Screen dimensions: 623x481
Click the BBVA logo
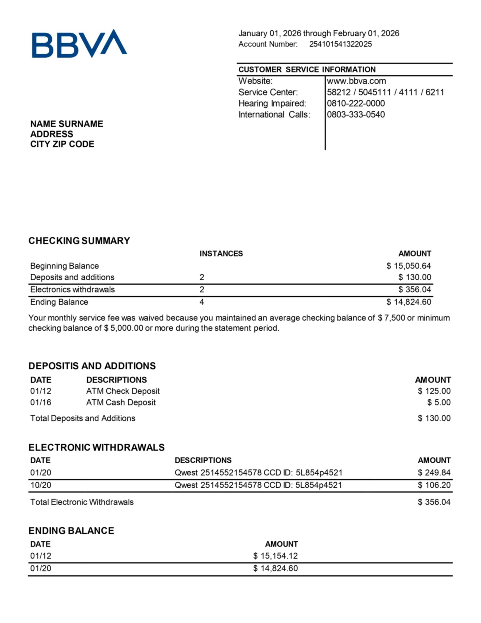(x=79, y=43)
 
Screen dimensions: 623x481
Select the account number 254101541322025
(x=340, y=44)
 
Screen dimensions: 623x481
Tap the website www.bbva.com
(x=356, y=81)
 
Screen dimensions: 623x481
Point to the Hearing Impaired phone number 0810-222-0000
(x=356, y=103)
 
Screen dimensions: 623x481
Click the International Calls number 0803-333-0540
(x=356, y=115)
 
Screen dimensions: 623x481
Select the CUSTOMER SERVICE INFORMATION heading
(x=307, y=70)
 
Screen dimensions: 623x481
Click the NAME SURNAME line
(x=67, y=124)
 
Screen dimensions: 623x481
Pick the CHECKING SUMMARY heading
(x=79, y=241)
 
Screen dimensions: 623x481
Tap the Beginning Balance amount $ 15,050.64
(x=408, y=266)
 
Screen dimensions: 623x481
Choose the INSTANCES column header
(x=221, y=254)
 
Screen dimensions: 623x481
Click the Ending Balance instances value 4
(x=202, y=302)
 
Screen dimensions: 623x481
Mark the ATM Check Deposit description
(x=123, y=391)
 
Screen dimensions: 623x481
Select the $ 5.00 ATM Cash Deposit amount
(x=439, y=403)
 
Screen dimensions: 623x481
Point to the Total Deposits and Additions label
(x=83, y=418)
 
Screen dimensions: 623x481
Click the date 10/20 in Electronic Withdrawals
(x=41, y=485)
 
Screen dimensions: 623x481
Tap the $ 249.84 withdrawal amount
(x=434, y=473)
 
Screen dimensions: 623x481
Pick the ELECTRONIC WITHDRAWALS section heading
(x=96, y=447)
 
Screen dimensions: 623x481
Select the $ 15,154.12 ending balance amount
(x=275, y=556)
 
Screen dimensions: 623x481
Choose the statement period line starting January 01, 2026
(x=319, y=33)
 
